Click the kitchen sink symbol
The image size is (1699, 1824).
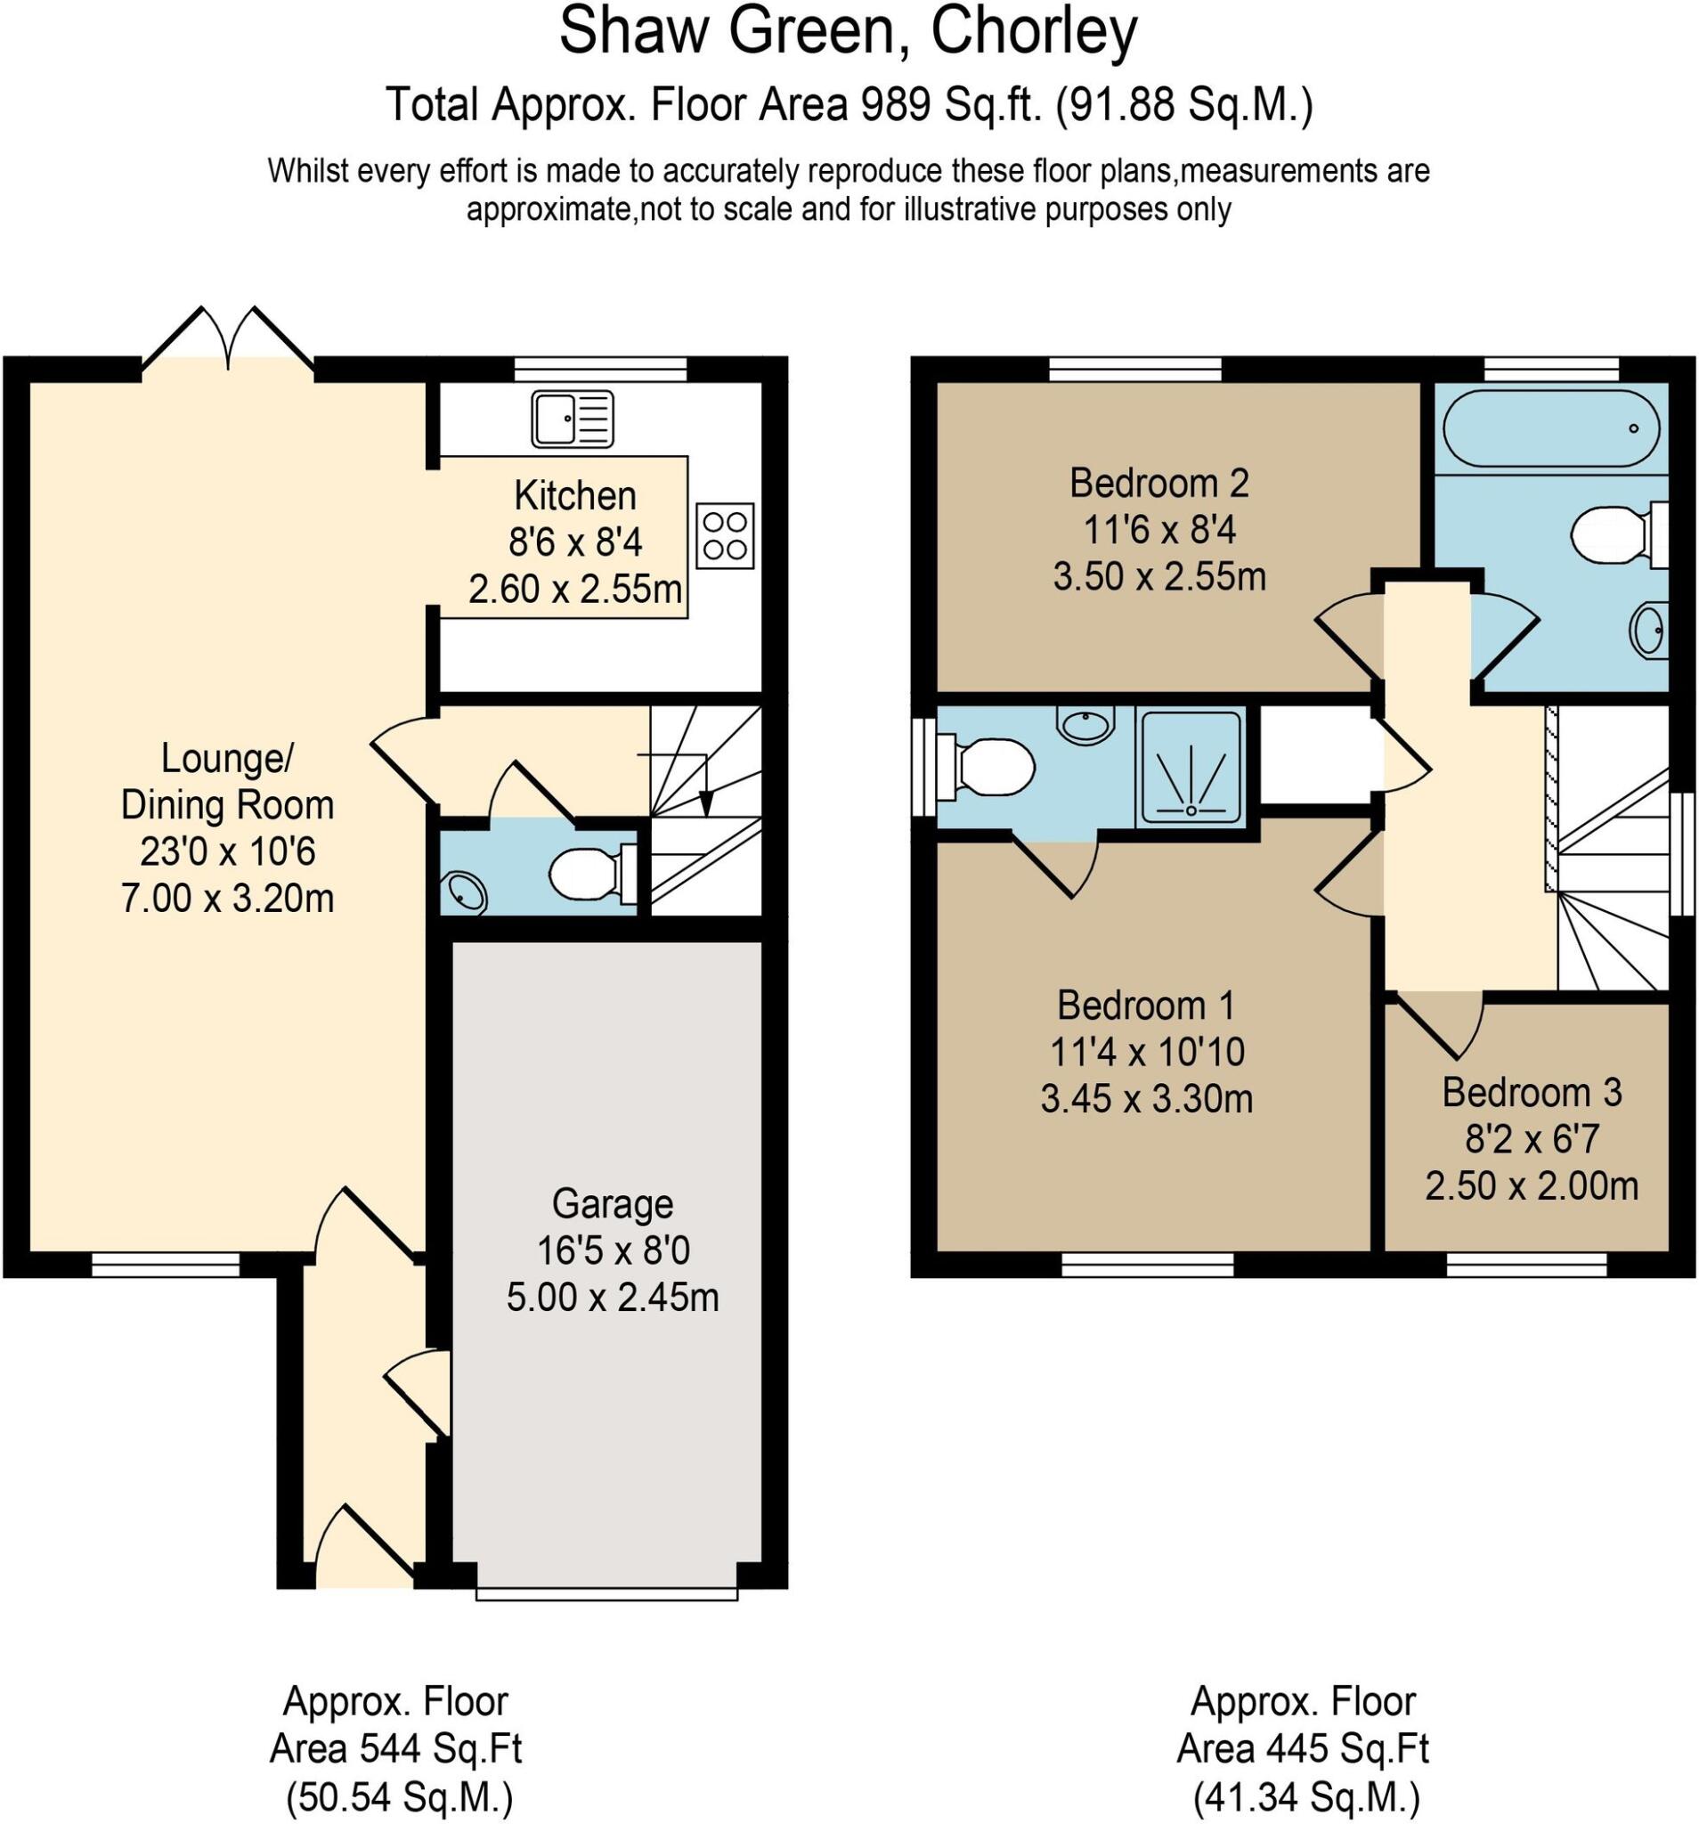click(x=571, y=419)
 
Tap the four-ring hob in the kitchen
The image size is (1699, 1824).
click(x=724, y=535)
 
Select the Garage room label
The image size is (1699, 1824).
click(x=612, y=1203)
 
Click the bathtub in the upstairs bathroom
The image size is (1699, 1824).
click(x=1549, y=428)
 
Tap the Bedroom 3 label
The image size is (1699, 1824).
click(x=1531, y=1092)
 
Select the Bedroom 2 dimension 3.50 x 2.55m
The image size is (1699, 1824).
click(x=1158, y=576)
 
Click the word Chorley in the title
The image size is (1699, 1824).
click(x=1033, y=31)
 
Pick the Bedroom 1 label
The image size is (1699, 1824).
click(x=1145, y=1006)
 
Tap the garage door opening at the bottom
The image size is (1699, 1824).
click(x=606, y=1593)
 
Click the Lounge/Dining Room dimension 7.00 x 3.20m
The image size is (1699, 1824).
click(x=226, y=898)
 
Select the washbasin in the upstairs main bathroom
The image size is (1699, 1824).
click(x=1648, y=630)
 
